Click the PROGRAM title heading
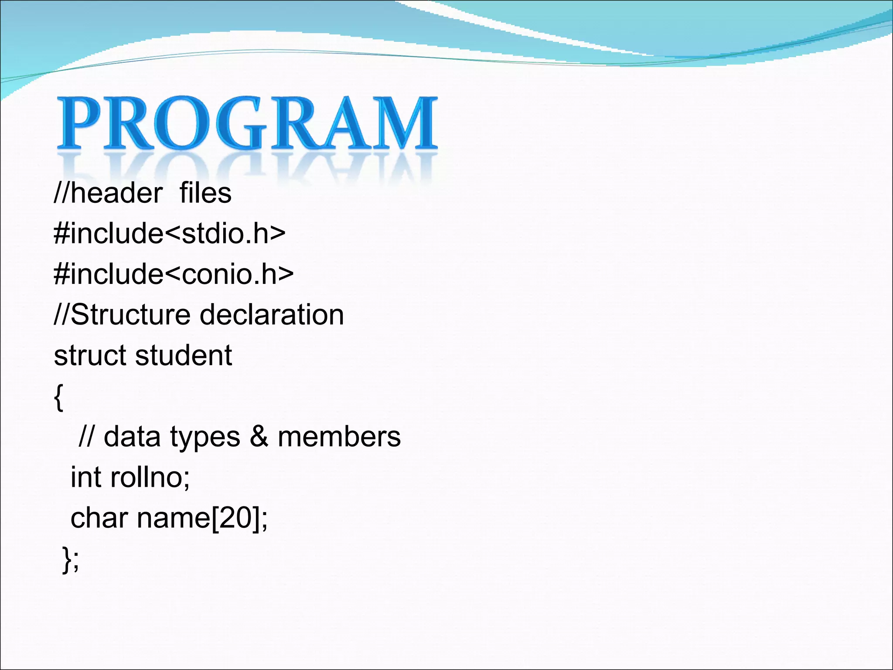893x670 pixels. coord(247,123)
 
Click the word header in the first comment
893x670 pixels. coord(116,193)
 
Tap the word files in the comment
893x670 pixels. coord(205,193)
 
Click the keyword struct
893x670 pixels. coord(89,356)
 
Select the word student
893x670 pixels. coord(184,356)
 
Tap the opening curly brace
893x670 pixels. coord(58,397)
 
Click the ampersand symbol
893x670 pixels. coord(259,436)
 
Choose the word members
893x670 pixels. coord(339,437)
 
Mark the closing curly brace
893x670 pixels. coord(67,559)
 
